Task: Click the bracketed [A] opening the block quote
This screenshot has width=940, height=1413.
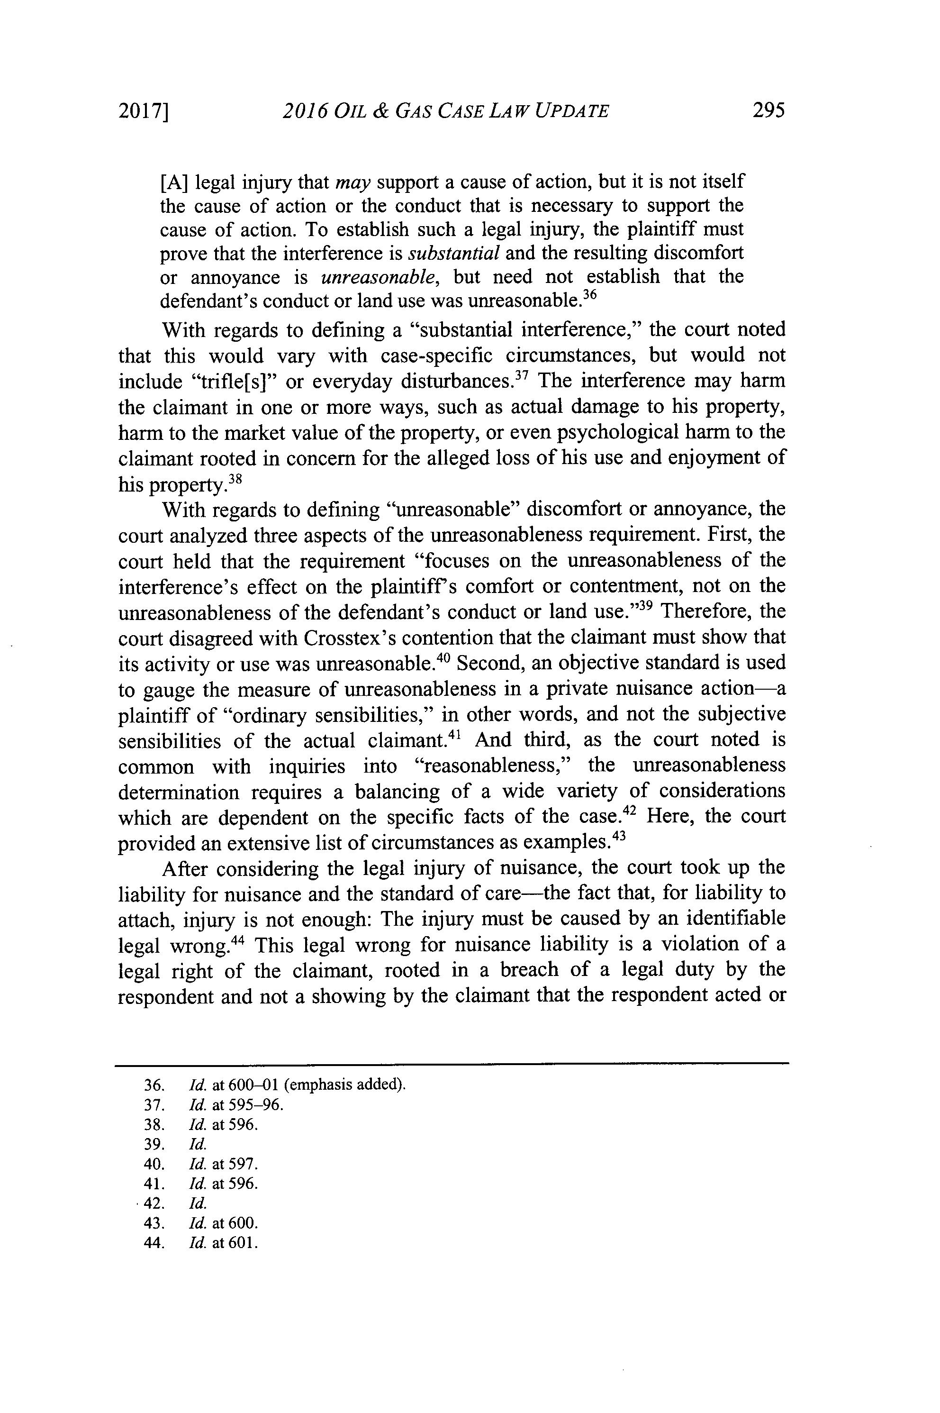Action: (174, 181)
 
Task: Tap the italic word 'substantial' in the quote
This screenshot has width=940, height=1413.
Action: (453, 254)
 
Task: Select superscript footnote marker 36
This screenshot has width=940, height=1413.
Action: (591, 296)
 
